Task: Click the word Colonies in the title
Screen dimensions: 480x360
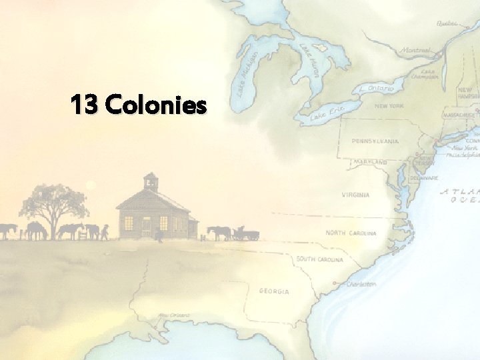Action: point(156,105)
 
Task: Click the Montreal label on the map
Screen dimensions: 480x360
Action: point(415,50)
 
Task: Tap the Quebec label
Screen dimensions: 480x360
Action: point(448,23)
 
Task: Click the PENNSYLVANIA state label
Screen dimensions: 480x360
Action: point(375,141)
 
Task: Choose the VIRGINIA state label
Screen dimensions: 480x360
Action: point(355,195)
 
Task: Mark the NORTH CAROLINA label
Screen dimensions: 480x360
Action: point(351,233)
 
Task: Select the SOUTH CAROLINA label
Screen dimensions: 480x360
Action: point(320,259)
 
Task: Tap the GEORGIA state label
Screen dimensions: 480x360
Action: point(274,291)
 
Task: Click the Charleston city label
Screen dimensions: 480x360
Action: point(361,284)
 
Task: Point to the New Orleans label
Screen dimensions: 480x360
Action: point(173,315)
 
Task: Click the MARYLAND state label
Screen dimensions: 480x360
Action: point(371,162)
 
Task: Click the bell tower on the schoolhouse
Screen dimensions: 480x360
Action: point(151,181)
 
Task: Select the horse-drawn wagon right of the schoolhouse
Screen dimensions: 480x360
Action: point(244,233)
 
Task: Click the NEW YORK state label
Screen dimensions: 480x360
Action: point(389,106)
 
